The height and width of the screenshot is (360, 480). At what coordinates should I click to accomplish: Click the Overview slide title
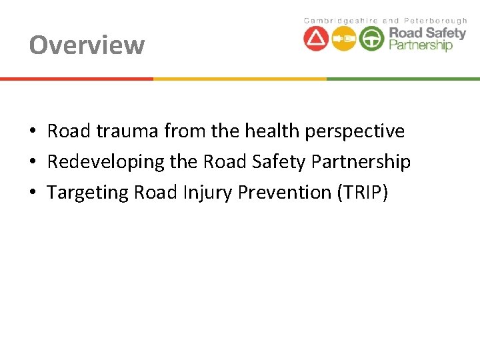[x=87, y=45]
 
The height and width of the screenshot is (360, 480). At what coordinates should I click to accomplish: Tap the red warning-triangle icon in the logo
[x=316, y=39]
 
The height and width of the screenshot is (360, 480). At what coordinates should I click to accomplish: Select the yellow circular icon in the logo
[x=344, y=39]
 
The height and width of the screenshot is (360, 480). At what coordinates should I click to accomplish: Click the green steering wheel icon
[x=372, y=39]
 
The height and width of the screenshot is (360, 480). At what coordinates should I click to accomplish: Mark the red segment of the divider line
[x=77, y=79]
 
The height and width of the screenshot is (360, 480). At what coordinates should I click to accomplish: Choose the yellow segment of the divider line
[x=240, y=79]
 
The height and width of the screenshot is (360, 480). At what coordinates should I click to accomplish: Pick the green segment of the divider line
[x=403, y=79]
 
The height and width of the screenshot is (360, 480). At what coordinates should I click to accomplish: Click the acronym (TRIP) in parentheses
[x=362, y=192]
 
